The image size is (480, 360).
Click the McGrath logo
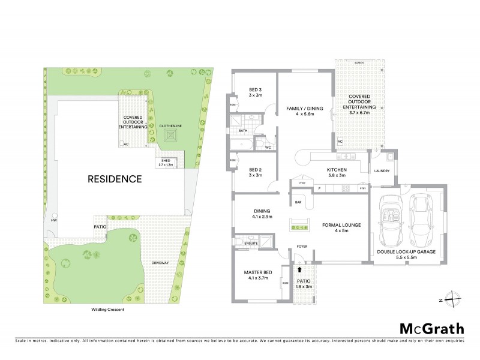point(432,328)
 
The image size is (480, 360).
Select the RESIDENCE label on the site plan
point(115,179)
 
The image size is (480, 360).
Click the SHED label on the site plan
point(166,161)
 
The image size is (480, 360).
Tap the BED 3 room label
point(255,92)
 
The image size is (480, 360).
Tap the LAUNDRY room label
point(382,171)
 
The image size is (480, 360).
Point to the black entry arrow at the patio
point(300,271)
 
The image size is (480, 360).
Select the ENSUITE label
point(250,243)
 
